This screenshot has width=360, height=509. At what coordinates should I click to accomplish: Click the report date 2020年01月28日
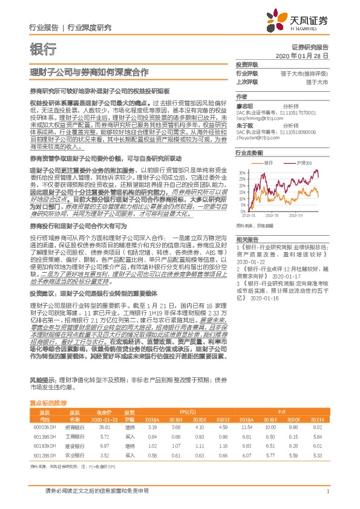click(x=309, y=55)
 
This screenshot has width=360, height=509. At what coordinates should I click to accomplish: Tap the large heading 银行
click(x=43, y=49)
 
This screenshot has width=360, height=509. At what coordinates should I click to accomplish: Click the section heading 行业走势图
click(x=249, y=154)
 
